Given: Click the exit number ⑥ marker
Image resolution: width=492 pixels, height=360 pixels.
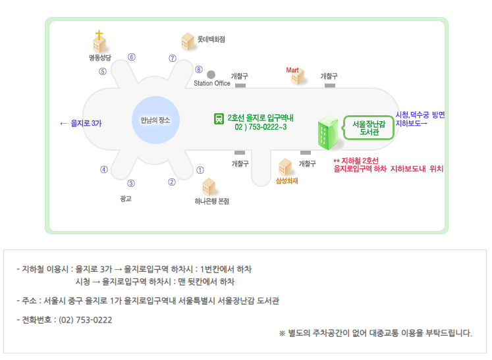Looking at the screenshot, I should [x=132, y=57].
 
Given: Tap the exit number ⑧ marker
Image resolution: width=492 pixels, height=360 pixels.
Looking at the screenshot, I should [x=198, y=70].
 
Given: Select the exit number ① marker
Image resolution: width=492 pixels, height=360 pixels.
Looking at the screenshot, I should [x=200, y=170].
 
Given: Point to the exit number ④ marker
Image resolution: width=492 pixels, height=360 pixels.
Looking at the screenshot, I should [x=104, y=169].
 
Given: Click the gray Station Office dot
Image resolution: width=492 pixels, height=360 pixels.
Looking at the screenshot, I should [x=211, y=74].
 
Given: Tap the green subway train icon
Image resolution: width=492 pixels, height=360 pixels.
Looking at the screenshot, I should [x=218, y=119].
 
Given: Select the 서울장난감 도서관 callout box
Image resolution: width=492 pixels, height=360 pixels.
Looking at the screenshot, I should [x=369, y=128].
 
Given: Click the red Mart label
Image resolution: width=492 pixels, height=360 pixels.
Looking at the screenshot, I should [x=292, y=70].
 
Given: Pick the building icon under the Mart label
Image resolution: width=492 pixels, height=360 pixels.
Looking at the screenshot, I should [x=298, y=78].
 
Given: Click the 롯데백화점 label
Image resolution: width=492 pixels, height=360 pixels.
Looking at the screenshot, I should [x=211, y=39].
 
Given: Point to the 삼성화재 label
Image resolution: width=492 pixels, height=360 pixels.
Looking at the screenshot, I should [x=287, y=181].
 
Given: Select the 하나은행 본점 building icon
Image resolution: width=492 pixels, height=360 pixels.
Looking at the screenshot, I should [x=209, y=186].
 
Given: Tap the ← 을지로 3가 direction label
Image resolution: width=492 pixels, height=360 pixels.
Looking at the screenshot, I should [x=80, y=123].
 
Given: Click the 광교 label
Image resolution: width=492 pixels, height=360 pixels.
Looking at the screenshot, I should [x=126, y=198].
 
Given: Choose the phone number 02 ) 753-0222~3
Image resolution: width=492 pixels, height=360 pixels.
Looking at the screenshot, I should [x=260, y=126].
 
